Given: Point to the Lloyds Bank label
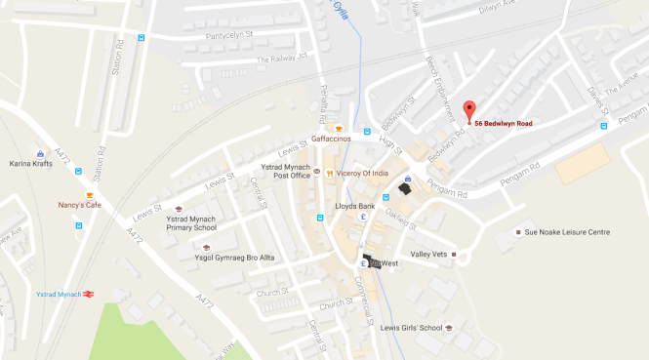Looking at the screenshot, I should point(354,206).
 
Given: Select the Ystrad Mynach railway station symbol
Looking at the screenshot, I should point(88,294).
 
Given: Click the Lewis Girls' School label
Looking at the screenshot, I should point(411,329).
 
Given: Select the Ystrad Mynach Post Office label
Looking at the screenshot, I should point(286,172).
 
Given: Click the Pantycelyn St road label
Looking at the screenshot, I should point(229,37).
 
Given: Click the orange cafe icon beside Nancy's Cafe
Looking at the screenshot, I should point(78,194).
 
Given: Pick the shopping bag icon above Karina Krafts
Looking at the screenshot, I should point(40,153).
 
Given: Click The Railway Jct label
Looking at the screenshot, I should point(281,59).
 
